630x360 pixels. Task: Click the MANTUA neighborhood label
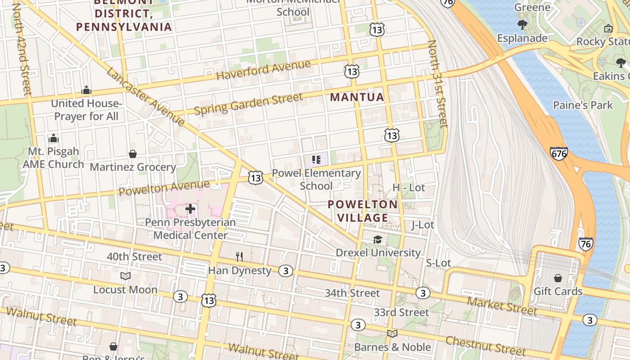(357, 97)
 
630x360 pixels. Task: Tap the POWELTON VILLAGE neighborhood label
(363, 211)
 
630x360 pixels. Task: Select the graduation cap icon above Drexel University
(378, 240)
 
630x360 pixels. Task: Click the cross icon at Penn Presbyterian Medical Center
(190, 209)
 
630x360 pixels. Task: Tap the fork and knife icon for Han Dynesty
(239, 257)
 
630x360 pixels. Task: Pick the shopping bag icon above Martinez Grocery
(133, 154)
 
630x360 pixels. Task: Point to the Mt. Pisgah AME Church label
(54, 157)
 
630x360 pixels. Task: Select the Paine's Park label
(583, 105)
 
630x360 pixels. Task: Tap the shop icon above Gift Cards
(558, 278)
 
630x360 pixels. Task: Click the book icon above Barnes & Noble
(392, 333)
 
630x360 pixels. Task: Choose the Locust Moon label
(125, 290)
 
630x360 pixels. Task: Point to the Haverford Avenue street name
(263, 70)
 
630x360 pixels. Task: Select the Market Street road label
(502, 306)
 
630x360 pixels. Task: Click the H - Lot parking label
(409, 188)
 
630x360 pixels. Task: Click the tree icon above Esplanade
(522, 24)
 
